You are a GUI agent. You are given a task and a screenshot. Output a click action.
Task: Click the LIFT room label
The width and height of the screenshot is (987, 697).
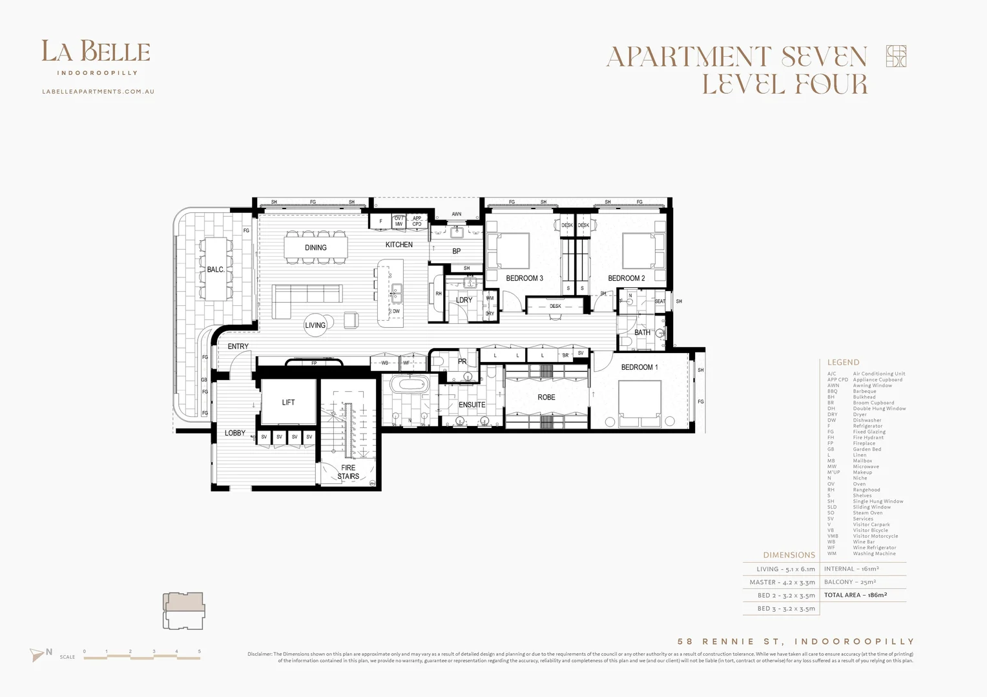[x=288, y=402]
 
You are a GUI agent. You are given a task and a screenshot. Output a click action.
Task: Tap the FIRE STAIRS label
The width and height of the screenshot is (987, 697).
[x=348, y=472]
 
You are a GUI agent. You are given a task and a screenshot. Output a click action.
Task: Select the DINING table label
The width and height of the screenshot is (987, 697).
[x=316, y=248]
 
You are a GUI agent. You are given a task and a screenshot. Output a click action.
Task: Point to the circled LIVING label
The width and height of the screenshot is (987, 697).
[x=315, y=325]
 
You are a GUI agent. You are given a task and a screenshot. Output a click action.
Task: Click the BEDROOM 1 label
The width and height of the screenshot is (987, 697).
[x=639, y=367]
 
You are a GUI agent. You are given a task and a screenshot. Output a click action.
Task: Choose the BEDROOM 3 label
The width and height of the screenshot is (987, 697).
[x=525, y=278]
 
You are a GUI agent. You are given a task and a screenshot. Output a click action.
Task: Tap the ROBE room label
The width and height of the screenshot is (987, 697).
[x=546, y=398]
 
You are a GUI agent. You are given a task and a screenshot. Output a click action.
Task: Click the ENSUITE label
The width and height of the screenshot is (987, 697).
[x=472, y=405]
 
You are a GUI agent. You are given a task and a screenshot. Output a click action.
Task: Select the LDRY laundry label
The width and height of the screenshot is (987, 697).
[x=464, y=300]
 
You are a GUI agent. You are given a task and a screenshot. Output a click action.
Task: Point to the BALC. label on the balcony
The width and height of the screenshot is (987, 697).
[x=216, y=270]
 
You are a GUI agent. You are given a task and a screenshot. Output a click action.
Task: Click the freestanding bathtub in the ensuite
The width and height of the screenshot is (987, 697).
[x=411, y=385]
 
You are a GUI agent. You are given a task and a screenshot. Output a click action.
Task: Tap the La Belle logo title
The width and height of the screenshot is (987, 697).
[x=96, y=52]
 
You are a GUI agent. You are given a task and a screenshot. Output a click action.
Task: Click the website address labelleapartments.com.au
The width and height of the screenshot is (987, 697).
[x=98, y=92]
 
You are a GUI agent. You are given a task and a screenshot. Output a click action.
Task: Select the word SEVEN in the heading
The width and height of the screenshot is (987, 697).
[x=824, y=57]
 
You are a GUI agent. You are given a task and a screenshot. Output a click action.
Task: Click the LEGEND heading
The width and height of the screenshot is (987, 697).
[x=843, y=362]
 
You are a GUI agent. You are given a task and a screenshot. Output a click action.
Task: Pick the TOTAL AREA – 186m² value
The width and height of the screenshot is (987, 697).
[x=855, y=595]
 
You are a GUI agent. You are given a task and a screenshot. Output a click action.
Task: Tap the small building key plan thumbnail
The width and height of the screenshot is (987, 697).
[x=184, y=611]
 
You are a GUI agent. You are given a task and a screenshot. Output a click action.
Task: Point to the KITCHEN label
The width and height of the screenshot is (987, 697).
[x=399, y=245]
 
